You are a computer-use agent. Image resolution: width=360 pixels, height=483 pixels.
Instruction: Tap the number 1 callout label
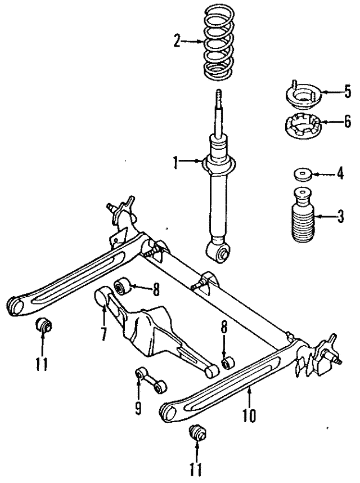click(176, 163)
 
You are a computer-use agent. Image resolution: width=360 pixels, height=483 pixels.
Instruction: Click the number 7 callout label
click(103, 333)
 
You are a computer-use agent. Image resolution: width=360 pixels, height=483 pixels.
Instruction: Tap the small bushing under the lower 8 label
click(228, 362)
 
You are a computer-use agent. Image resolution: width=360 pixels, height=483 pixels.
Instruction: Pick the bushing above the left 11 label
click(43, 326)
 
